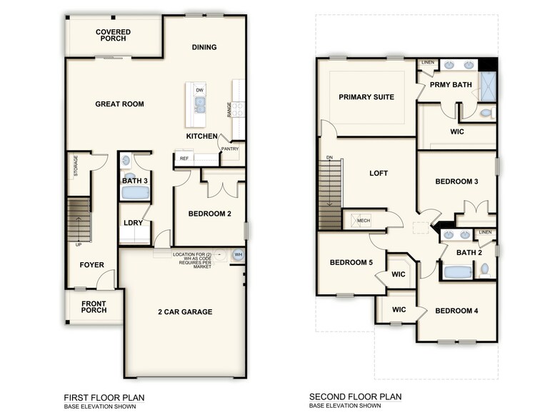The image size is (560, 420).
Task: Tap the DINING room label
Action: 204,48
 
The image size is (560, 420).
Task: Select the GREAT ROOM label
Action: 119,104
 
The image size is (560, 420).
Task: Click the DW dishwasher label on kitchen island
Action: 199,91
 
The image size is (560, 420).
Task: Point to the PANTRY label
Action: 229,149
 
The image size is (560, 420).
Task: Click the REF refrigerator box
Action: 184,158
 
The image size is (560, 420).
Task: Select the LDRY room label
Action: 134,223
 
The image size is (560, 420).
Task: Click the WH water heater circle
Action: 238,254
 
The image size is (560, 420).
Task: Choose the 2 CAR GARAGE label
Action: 185,311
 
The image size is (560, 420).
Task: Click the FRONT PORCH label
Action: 94,306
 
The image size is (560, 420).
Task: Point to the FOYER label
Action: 91,265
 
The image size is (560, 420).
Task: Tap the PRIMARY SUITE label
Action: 366,97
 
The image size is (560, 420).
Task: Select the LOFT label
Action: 379,173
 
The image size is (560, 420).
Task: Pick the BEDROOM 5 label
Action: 351,263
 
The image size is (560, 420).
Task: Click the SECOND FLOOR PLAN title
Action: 355,396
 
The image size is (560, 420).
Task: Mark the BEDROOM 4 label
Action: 456,311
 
